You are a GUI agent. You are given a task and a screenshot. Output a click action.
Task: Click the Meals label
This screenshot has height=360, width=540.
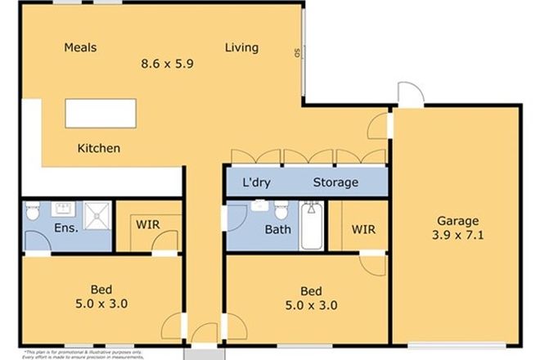click(80, 47)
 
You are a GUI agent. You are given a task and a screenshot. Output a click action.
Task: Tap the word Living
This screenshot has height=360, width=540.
click(241, 47)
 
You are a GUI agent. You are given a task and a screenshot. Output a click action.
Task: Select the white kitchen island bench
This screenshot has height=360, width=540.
click(101, 114)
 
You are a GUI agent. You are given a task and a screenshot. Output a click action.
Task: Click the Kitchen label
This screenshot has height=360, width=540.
click(99, 149)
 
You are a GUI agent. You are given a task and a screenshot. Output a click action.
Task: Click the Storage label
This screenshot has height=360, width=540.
click(335, 182)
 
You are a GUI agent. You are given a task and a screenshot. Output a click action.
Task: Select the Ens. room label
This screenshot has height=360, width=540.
click(66, 228)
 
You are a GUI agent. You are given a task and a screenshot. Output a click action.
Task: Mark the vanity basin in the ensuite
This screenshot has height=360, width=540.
click(61, 206)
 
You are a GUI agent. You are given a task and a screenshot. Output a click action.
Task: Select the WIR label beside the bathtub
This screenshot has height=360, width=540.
click(363, 230)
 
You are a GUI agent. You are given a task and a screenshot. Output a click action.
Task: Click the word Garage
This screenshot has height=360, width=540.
click(457, 221)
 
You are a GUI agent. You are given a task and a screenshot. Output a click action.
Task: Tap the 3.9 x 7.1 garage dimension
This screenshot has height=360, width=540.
click(457, 236)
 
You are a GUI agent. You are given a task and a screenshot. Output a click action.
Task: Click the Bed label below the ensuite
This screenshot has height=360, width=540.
click(101, 290)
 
